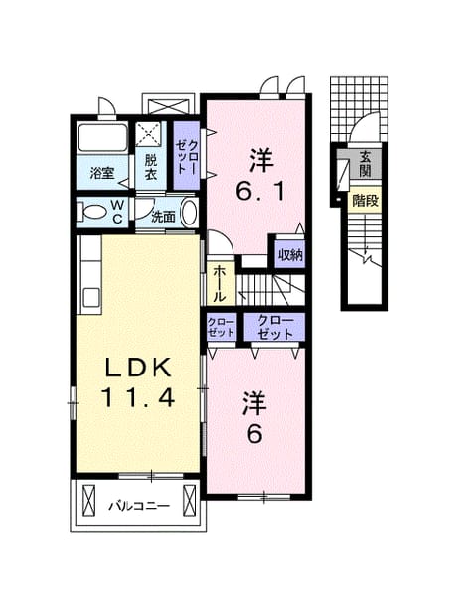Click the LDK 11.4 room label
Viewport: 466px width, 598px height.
pyautogui.click(x=138, y=382)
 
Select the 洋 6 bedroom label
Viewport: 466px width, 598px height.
pyautogui.click(x=255, y=417)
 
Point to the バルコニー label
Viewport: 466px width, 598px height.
pyautogui.click(x=139, y=506)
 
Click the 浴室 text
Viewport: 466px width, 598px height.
pyautogui.click(x=102, y=174)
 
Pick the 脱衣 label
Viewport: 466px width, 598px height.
pyautogui.click(x=151, y=167)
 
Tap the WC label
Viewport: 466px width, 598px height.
pyautogui.click(x=117, y=212)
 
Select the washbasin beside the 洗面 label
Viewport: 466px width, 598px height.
pyautogui.click(x=189, y=213)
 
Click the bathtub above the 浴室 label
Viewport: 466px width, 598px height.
pyautogui.click(x=102, y=137)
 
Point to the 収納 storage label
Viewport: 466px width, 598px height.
pyautogui.click(x=290, y=254)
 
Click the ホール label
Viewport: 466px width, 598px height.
pyautogui.click(x=219, y=284)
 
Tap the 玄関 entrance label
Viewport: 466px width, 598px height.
pyautogui.click(x=365, y=164)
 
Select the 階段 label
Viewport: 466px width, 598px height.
pyautogui.click(x=365, y=200)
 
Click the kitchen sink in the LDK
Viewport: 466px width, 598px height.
pyautogui.click(x=91, y=297)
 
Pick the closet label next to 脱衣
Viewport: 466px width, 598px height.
pyautogui.click(x=187, y=156)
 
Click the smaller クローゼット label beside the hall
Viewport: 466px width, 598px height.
pyautogui.click(x=222, y=327)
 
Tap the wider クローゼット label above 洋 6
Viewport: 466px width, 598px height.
pyautogui.click(x=275, y=327)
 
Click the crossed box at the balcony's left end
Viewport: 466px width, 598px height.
pyautogui.click(x=88, y=500)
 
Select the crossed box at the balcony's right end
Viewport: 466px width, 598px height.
pyautogui.click(x=190, y=500)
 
